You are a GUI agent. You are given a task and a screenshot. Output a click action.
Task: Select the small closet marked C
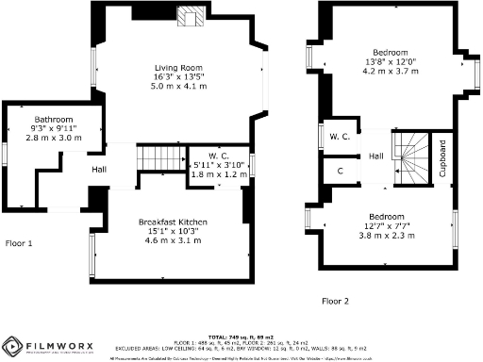(340, 171)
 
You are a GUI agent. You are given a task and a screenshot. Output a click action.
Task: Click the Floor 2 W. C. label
(340, 138)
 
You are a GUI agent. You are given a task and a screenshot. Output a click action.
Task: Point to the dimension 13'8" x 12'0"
(389, 60)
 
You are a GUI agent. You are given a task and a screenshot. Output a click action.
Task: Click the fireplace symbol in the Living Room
(191, 16)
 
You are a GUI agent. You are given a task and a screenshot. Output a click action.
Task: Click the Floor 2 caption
(334, 301)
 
